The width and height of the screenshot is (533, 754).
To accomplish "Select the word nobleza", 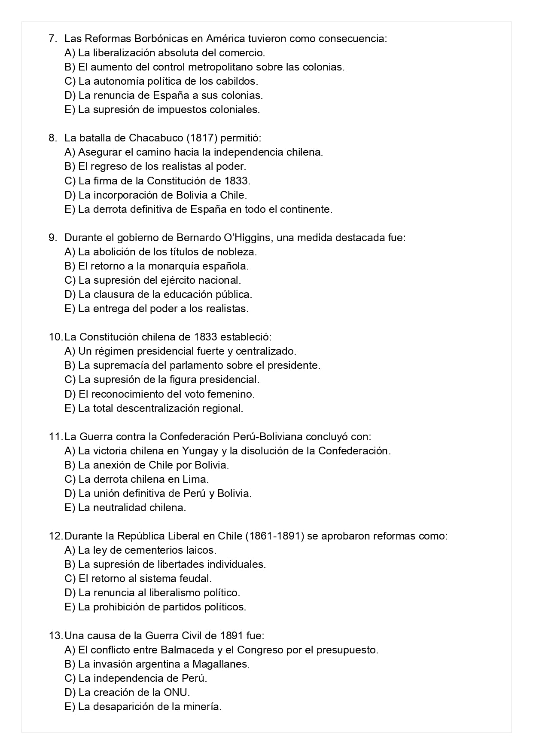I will pyautogui.click(x=238, y=251).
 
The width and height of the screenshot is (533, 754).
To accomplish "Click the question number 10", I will pyautogui.click(x=55, y=337).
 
